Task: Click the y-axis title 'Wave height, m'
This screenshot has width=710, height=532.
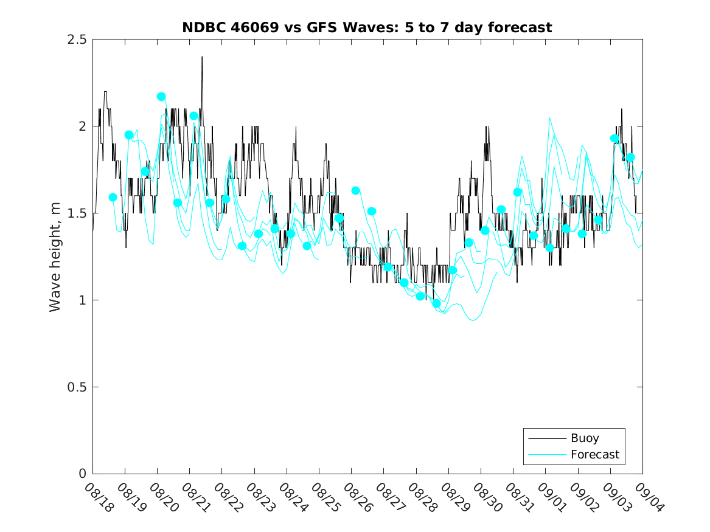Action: click(55, 257)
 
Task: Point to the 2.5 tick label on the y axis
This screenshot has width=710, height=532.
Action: click(77, 40)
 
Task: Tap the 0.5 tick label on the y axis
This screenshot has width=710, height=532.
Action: click(77, 387)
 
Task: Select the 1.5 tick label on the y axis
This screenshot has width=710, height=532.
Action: click(77, 213)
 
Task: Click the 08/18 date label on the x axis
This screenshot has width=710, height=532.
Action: click(99, 498)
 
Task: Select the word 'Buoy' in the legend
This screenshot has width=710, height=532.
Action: click(585, 438)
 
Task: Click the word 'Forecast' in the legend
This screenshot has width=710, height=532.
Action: click(595, 454)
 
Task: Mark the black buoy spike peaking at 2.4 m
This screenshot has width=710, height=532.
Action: click(202, 57)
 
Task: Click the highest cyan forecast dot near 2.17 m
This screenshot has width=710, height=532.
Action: click(161, 97)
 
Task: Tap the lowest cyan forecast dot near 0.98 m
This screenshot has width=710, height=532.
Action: click(436, 303)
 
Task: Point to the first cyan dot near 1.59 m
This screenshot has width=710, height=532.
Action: click(113, 197)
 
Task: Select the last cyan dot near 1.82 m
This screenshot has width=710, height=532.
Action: click(631, 157)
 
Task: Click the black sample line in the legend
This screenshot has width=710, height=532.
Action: click(546, 438)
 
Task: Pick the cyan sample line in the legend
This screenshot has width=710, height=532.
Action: click(546, 454)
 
